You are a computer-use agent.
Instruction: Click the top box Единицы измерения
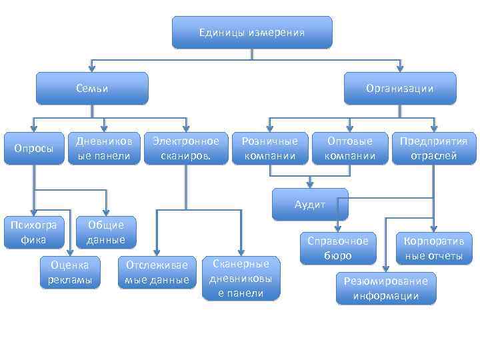pyautogui.click(x=252, y=33)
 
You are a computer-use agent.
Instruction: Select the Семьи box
pyautogui.click(x=92, y=88)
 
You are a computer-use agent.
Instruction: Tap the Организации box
pyautogui.click(x=399, y=88)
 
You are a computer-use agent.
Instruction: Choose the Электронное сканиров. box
pyautogui.click(x=185, y=148)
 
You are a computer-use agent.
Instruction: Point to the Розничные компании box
pyautogui.click(x=269, y=148)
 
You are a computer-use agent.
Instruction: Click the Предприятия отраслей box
pyautogui.click(x=433, y=148)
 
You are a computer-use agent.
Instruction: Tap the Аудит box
pyautogui.click(x=310, y=204)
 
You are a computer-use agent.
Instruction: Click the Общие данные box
pyautogui.click(x=106, y=231)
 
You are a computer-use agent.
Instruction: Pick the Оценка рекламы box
pyautogui.click(x=70, y=271)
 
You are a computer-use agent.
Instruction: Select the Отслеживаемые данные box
pyautogui.click(x=157, y=271)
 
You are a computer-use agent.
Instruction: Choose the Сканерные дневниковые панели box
pyautogui.click(x=241, y=278)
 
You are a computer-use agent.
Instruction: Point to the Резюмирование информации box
pyautogui.click(x=386, y=288)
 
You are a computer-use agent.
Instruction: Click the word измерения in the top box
pyautogui.click(x=277, y=33)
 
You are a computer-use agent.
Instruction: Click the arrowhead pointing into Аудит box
pyautogui.click(x=310, y=184)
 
